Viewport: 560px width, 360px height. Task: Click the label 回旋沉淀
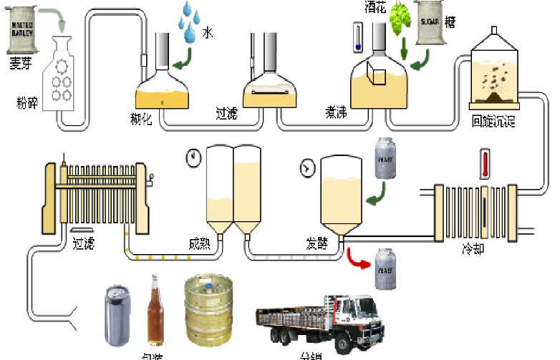[494, 121]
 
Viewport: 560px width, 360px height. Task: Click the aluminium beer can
[117, 314]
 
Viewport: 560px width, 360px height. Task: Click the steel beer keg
[208, 311]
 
